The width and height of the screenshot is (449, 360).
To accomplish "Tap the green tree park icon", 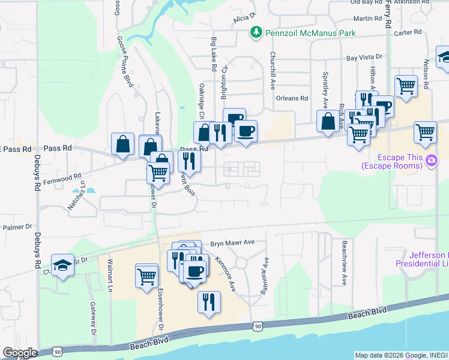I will click(257, 31).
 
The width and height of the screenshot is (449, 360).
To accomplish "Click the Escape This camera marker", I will click(431, 161).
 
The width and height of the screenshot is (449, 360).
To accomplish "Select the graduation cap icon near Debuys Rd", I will click(62, 265).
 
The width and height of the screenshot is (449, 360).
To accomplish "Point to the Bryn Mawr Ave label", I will click(233, 243).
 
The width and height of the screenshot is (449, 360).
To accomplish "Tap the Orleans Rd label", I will click(292, 98).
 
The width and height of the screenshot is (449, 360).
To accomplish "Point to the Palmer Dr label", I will click(17, 227).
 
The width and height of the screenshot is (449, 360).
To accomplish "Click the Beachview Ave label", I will click(345, 262).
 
